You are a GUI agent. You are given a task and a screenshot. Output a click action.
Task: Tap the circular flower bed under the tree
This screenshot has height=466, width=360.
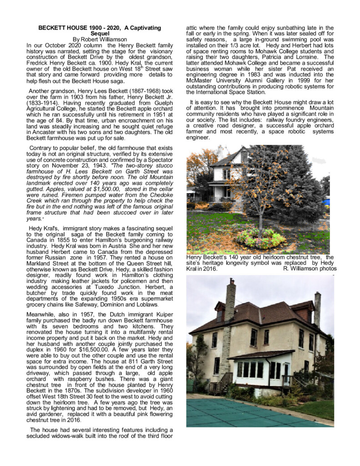[x=260, y=238]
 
